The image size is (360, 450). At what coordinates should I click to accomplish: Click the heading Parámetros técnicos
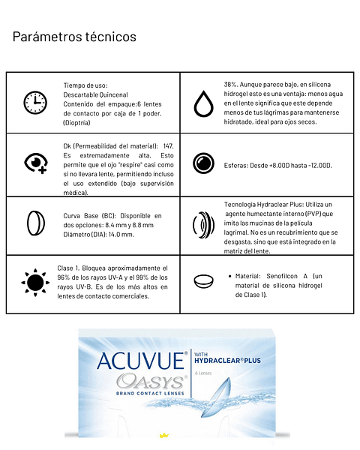(74, 36)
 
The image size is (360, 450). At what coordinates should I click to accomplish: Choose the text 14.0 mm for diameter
(121, 234)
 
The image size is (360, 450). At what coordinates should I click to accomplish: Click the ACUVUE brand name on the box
(140, 361)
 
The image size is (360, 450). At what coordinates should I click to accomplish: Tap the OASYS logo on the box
(150, 382)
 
